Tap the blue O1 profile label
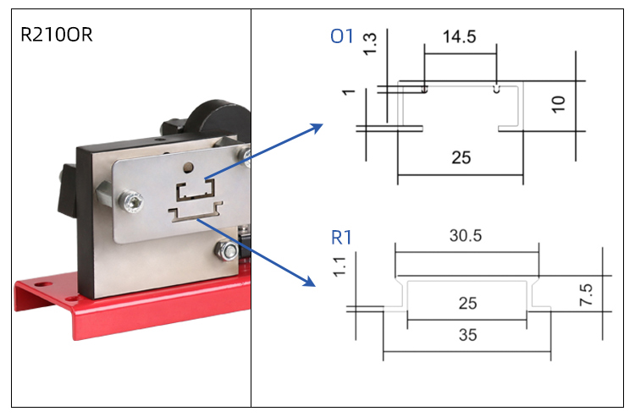tap(342, 36)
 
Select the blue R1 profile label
tap(342, 238)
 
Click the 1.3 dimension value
tap(369, 45)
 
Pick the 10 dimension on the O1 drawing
tap(556, 106)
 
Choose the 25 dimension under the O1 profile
tap(461, 156)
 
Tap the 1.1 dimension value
tap(340, 268)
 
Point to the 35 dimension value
tap(467, 334)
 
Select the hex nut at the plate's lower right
tap(227, 250)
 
